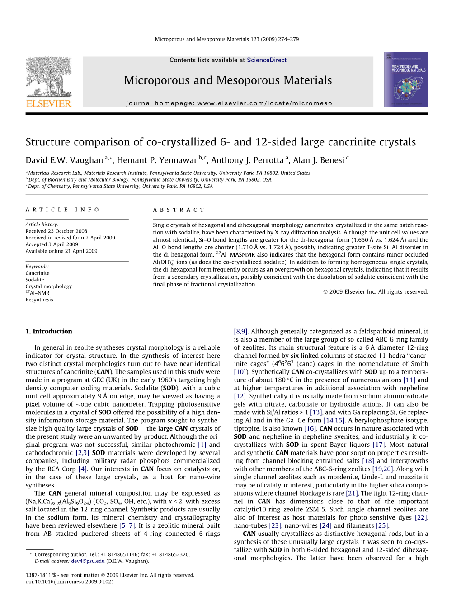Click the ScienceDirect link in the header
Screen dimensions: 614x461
coord(267,60)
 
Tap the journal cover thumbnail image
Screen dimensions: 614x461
coord(406,80)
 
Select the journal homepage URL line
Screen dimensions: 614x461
coord(229,103)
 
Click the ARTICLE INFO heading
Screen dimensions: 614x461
coord(63,210)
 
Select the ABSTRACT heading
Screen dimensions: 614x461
coord(179,210)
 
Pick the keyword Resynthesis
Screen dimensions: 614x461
coord(39,300)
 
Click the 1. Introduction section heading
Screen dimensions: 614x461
coord(49,331)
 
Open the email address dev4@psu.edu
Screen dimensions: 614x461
coord(88,561)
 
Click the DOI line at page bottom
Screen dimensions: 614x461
coord(70,581)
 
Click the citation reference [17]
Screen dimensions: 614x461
coord(378,445)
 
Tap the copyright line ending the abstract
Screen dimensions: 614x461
coord(375,292)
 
